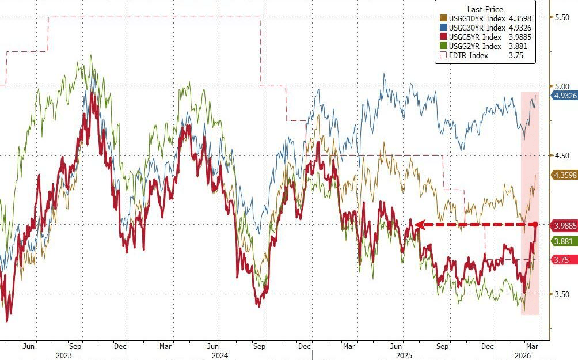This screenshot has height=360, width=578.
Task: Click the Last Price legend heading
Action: [485, 9]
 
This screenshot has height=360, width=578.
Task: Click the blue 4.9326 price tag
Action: [562, 96]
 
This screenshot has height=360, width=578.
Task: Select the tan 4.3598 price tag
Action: [562, 175]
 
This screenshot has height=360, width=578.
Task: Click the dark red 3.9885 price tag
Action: [562, 226]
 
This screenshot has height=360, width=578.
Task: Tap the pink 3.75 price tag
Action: [560, 260]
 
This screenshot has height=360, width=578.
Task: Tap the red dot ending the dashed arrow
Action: [535, 224]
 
